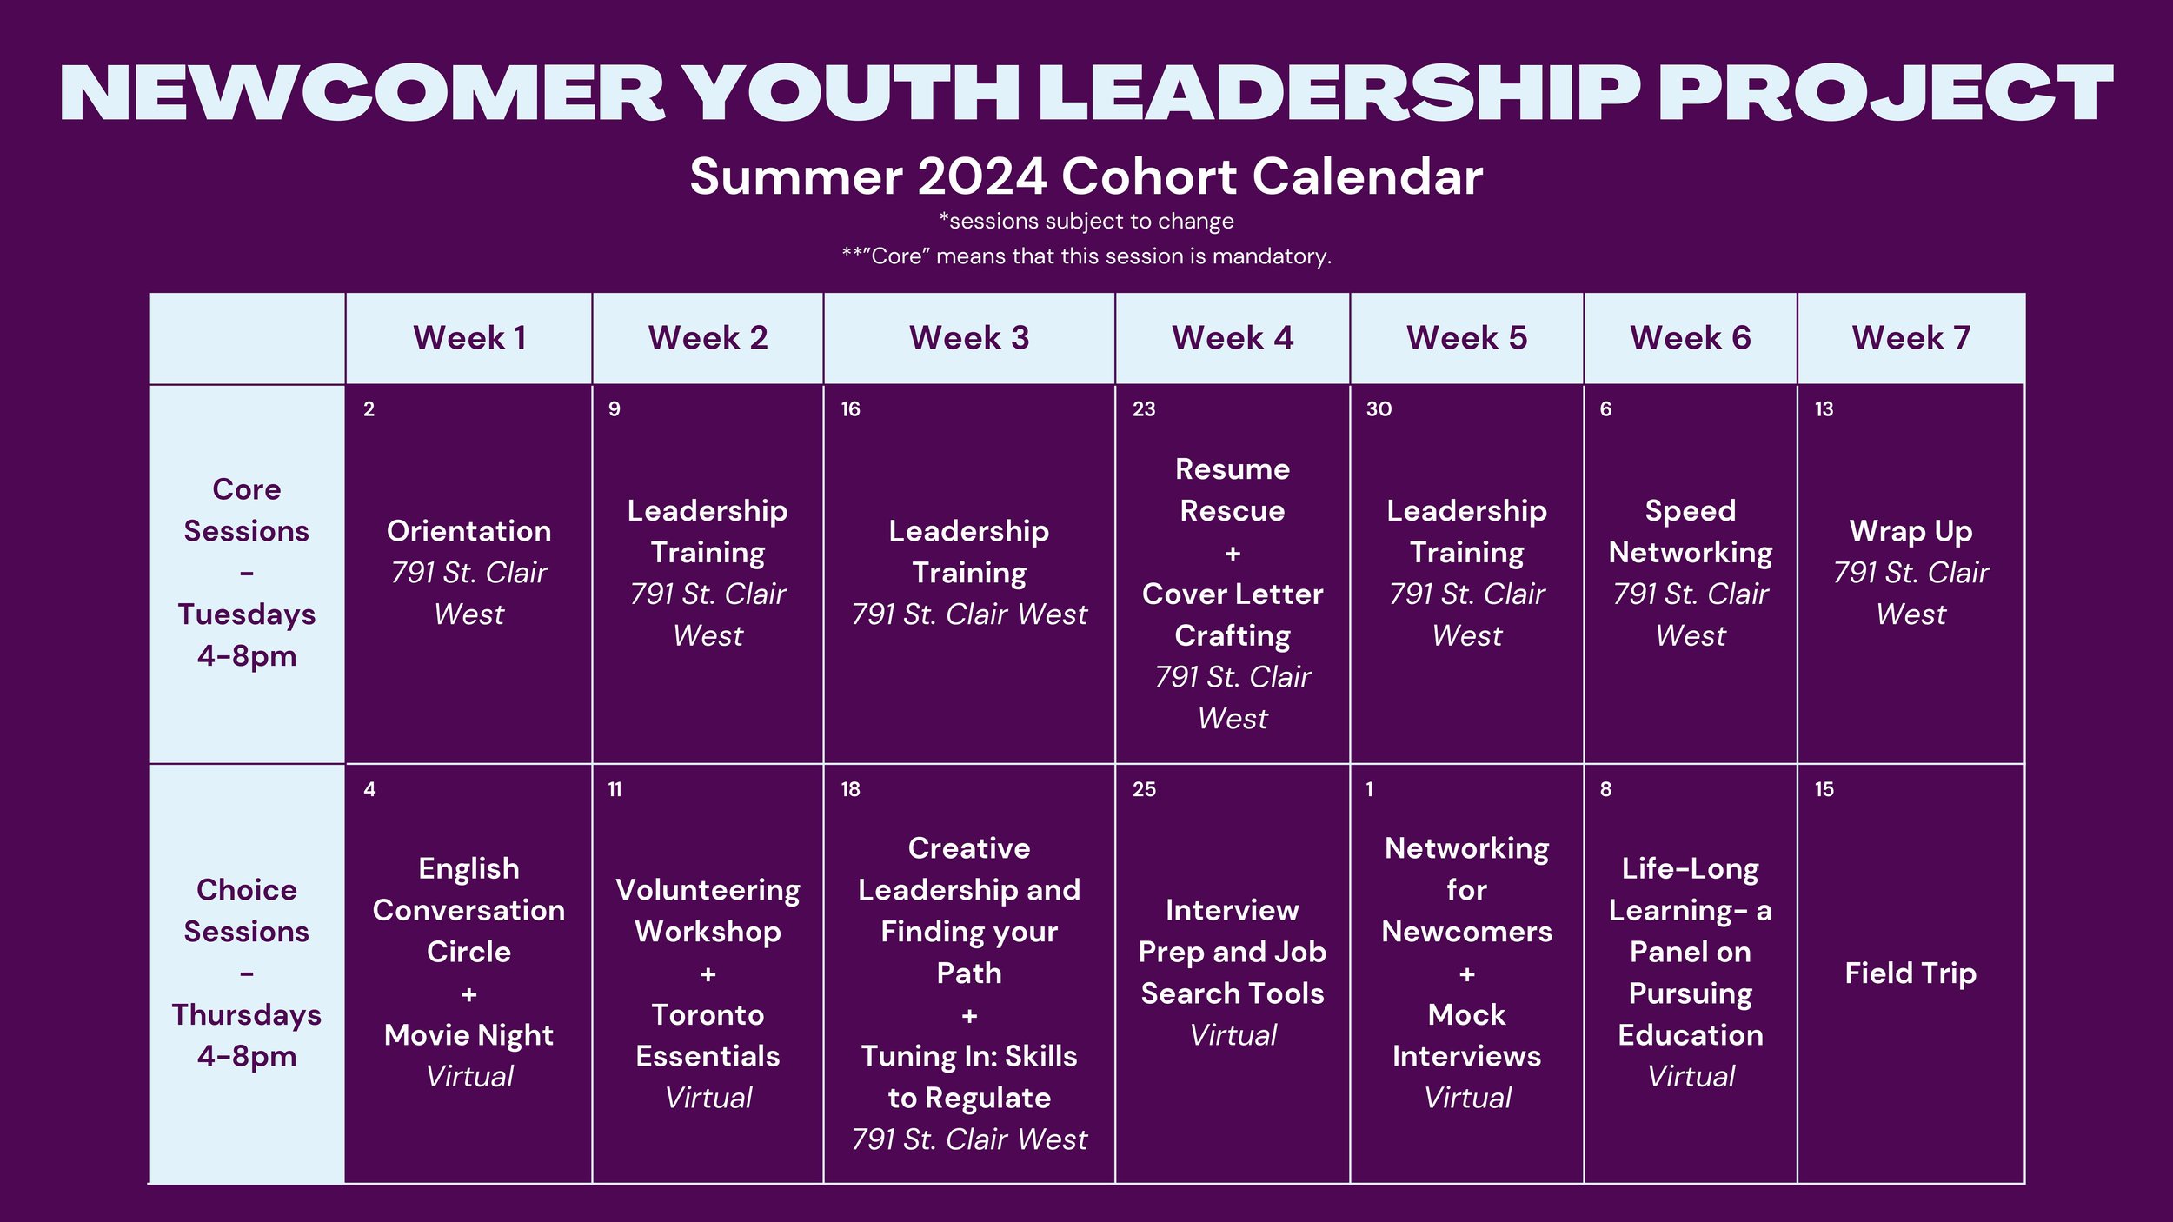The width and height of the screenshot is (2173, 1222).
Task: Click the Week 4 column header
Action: [1232, 338]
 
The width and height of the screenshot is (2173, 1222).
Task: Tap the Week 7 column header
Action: [1911, 338]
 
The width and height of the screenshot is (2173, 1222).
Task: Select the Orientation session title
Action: [468, 531]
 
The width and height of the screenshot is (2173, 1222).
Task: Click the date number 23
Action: [1144, 409]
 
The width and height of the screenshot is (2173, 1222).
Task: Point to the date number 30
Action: [1379, 409]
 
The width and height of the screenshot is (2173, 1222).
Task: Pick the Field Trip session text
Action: [1911, 973]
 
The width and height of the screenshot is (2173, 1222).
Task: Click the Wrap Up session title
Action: [1911, 531]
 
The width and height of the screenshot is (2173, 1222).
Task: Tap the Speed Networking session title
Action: [1690, 531]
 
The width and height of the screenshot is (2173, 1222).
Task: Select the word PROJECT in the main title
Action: [1884, 94]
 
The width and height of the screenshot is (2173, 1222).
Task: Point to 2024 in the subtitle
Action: [981, 177]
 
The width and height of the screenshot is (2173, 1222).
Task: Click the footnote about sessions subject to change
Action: [1086, 222]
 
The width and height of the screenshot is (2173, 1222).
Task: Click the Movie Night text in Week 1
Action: [468, 1035]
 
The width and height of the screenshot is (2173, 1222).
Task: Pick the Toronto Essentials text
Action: [708, 1035]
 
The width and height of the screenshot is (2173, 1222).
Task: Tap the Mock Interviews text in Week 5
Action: [1466, 1035]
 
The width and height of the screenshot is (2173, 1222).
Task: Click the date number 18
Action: [850, 789]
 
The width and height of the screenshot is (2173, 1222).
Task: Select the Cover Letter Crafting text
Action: [1232, 614]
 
